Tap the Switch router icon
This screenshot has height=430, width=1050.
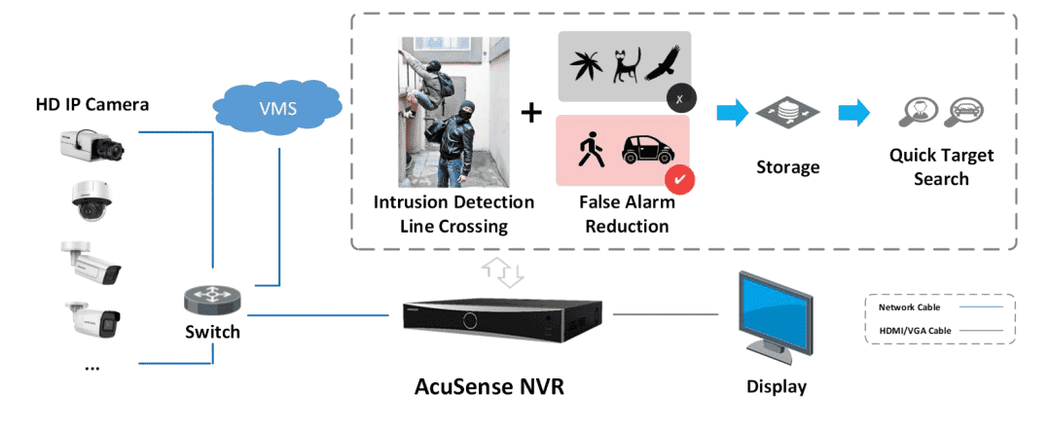[x=211, y=300]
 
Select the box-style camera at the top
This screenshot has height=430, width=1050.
[x=92, y=142]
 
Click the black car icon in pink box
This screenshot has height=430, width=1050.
[x=647, y=151]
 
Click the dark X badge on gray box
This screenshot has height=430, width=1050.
[x=681, y=98]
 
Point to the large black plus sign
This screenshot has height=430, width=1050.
[x=531, y=113]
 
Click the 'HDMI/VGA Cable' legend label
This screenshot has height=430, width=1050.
[x=915, y=330]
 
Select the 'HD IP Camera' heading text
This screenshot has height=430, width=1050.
[x=92, y=104]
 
